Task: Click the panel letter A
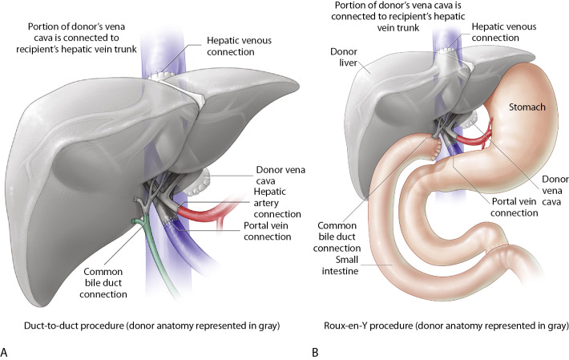coord(6,351)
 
